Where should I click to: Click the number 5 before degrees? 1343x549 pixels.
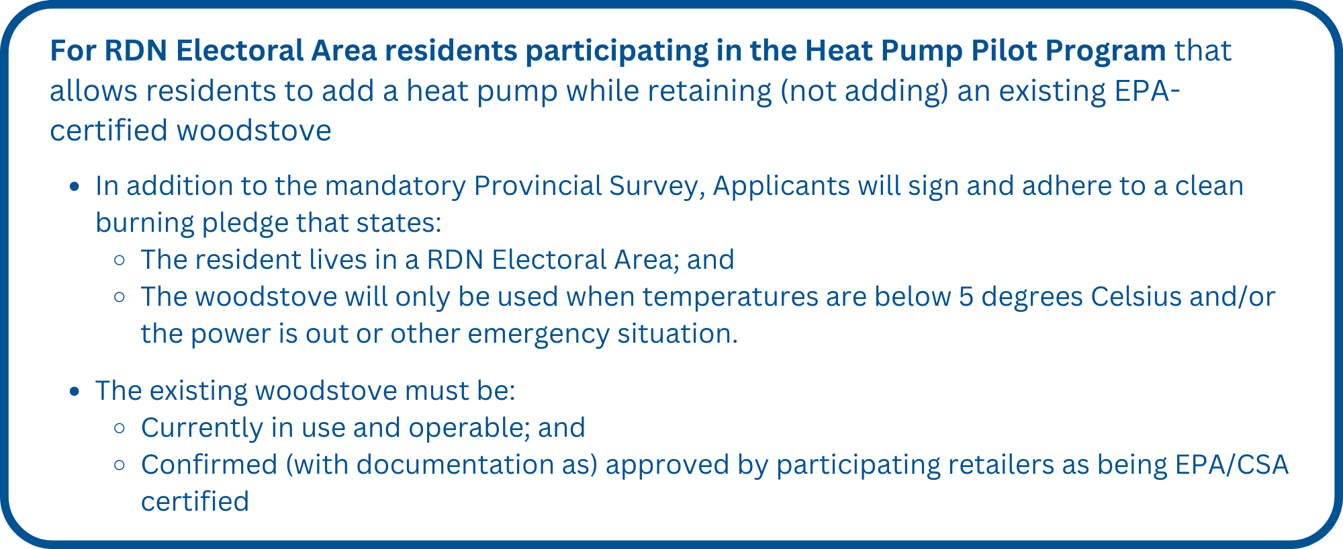click(966, 297)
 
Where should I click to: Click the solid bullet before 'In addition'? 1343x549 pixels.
click(75, 187)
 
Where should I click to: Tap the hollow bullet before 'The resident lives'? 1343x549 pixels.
click(120, 260)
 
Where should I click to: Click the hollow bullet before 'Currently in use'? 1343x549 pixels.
click(120, 428)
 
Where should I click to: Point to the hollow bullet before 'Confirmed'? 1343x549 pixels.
click(120, 465)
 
